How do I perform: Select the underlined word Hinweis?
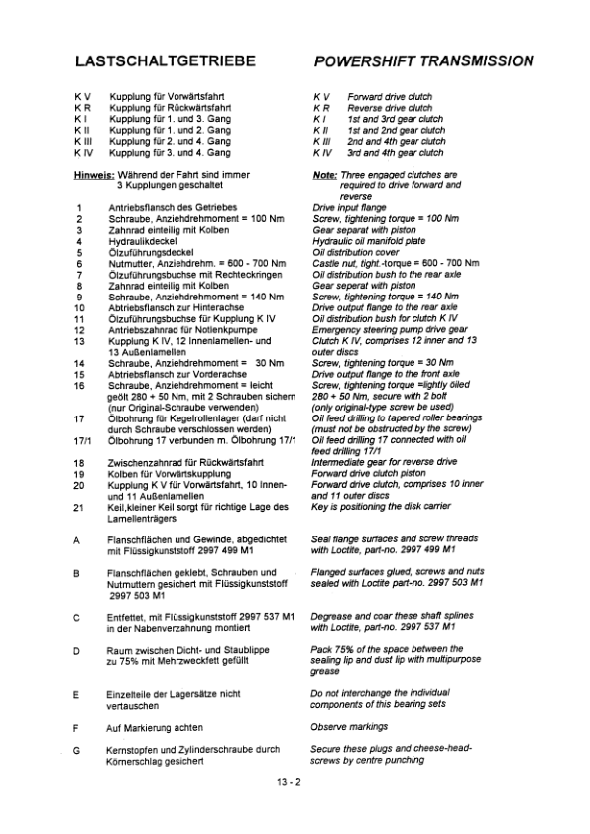(95, 176)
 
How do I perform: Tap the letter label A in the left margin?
(77, 538)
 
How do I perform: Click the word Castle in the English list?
(326, 263)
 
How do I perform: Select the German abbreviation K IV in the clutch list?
(84, 154)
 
